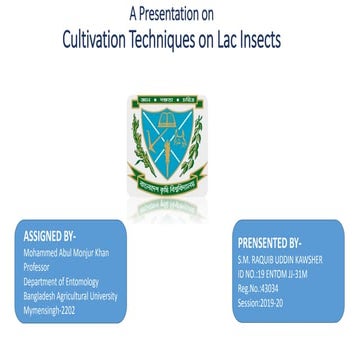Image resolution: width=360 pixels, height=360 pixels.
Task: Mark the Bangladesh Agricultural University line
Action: click(70, 296)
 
